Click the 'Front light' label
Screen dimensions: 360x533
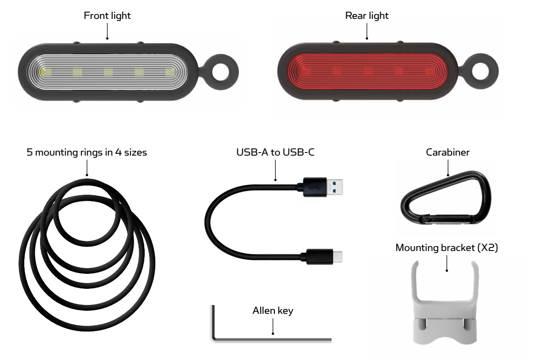click(107, 16)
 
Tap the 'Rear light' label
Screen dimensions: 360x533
click(367, 16)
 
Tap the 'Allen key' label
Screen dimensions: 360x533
click(273, 311)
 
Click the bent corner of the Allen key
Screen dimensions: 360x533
click(214, 338)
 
